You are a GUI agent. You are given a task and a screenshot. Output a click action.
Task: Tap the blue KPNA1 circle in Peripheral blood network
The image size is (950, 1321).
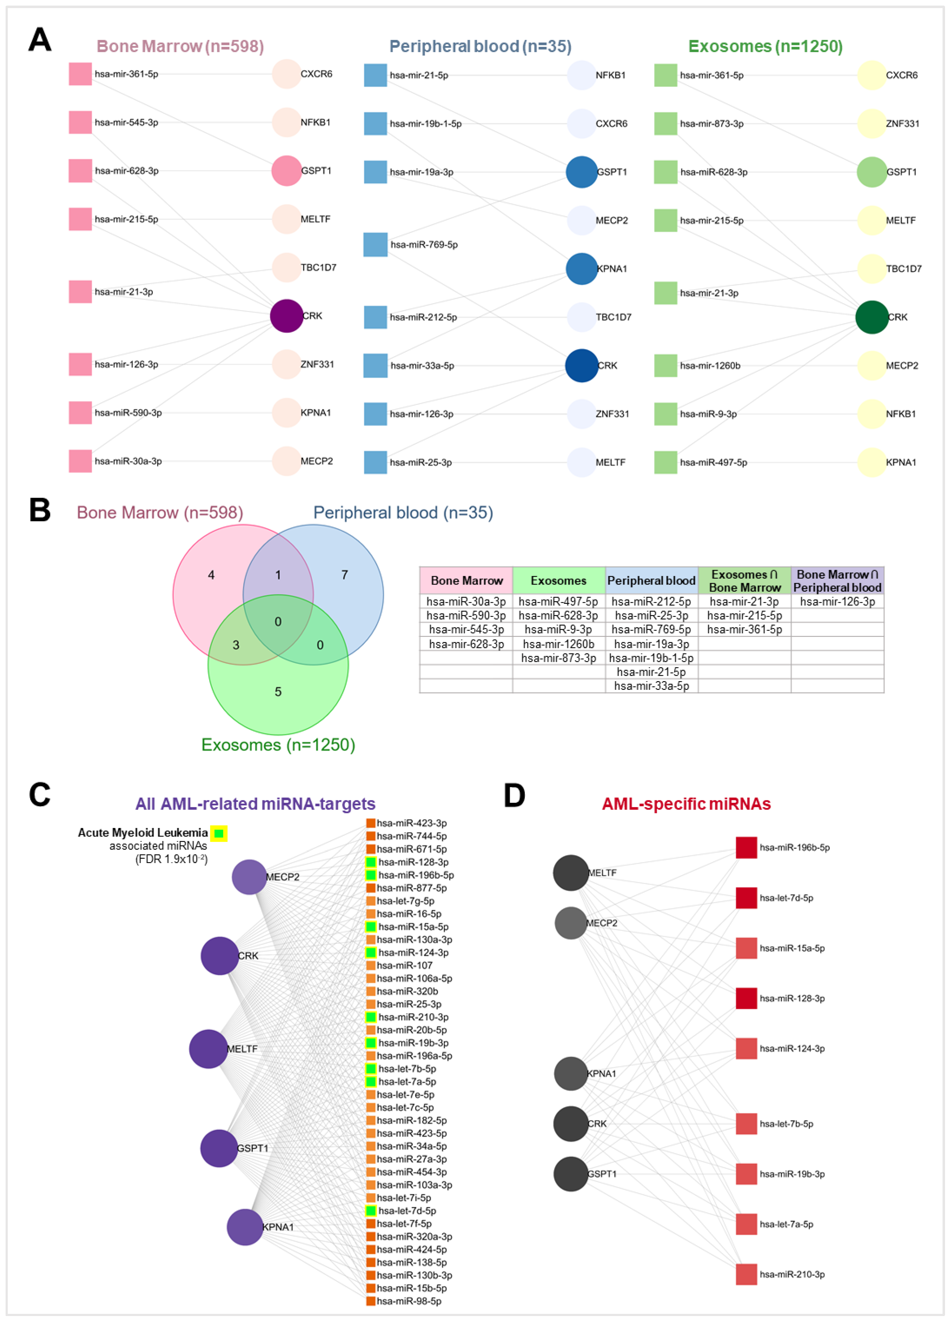point(581,269)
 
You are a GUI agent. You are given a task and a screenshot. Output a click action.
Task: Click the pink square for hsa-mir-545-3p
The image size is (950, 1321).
point(80,122)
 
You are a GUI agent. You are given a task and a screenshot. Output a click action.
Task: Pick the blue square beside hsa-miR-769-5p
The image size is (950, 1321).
point(375,245)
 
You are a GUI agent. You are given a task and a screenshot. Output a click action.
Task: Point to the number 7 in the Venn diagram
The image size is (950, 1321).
point(344,575)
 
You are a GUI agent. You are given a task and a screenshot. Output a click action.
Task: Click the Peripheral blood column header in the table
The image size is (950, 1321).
point(651,581)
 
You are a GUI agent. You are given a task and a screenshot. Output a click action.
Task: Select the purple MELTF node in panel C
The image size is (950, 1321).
point(208,1048)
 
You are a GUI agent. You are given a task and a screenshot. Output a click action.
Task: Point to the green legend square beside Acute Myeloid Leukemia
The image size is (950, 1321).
point(218,834)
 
